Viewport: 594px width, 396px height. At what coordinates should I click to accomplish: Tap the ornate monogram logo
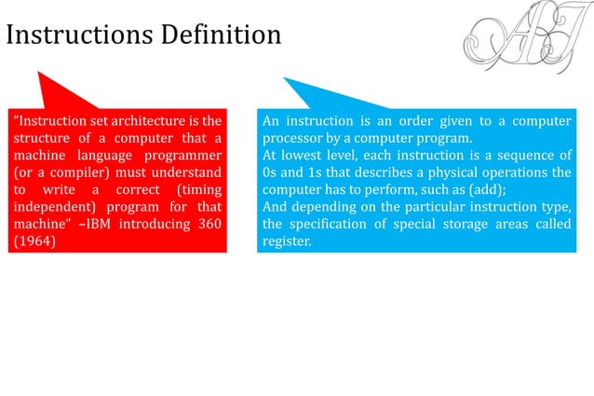[517, 42]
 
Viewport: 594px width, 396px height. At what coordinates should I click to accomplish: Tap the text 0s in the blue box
[270, 172]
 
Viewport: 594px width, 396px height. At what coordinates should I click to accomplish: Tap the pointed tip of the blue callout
[285, 79]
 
